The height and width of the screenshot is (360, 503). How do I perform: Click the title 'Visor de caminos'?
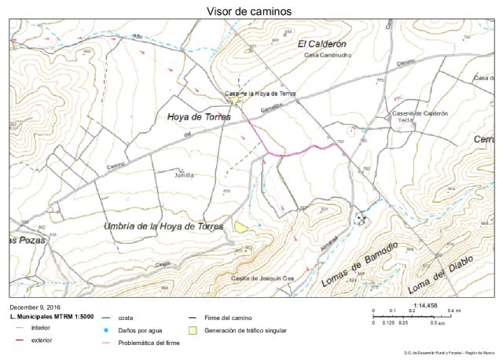coord(249,11)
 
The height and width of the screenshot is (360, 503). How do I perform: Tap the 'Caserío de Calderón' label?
coord(420,113)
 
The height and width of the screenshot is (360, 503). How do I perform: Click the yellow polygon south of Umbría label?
coord(240,226)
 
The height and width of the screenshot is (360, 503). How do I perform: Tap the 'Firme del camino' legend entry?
coord(228,318)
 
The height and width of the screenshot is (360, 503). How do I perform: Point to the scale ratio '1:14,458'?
coord(424,305)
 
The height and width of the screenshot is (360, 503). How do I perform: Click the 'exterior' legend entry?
coord(42,340)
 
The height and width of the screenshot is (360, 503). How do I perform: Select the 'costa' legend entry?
coord(125,318)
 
